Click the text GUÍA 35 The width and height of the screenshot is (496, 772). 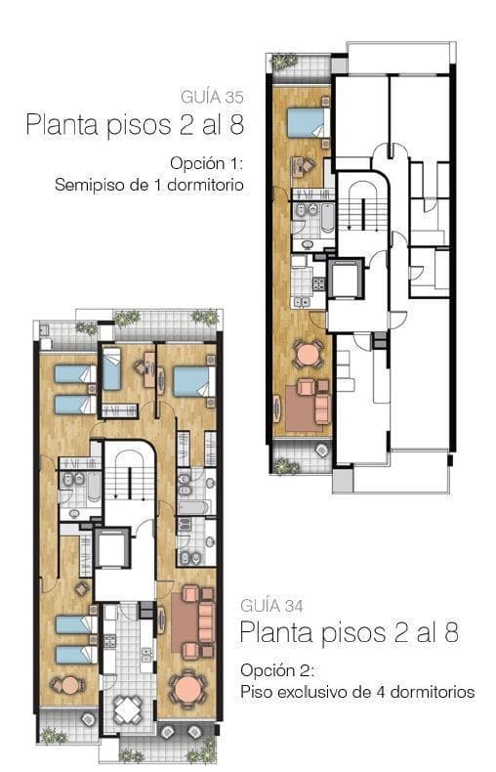(x=212, y=97)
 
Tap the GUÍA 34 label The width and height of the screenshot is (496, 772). (x=272, y=606)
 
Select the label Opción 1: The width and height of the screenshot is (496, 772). (x=207, y=163)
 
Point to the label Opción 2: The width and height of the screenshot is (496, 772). (x=277, y=670)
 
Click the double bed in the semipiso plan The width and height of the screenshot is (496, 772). (x=309, y=122)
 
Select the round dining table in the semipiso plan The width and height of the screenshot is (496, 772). (x=309, y=354)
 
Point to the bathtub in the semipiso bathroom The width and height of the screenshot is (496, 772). (x=327, y=217)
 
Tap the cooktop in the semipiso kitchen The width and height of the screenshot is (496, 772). (x=319, y=283)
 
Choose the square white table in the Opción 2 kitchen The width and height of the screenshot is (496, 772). (x=127, y=708)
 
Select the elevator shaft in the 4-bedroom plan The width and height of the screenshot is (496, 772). (x=112, y=547)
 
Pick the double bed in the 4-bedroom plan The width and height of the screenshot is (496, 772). (x=195, y=381)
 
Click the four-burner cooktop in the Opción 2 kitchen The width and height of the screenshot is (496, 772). (x=109, y=640)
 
